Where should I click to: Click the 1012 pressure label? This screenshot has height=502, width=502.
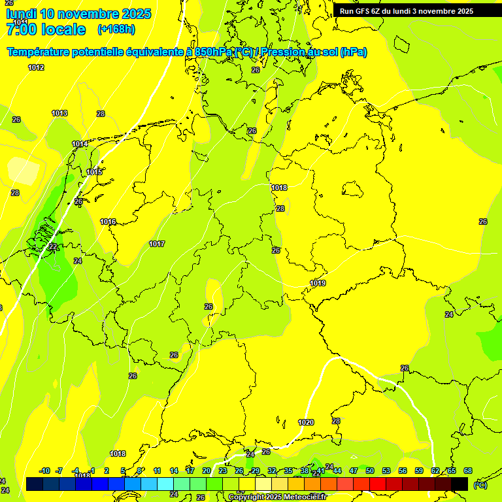click(36, 67)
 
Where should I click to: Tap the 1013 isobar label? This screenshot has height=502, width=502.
click(59, 113)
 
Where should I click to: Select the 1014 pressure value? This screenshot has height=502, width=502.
click(80, 144)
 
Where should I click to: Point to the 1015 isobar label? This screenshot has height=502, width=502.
click(94, 172)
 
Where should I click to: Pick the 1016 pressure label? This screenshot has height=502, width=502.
click(108, 222)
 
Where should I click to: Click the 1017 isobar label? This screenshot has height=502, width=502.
click(157, 244)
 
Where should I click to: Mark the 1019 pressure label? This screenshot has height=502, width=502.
click(318, 283)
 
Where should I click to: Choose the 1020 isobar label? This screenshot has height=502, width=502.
click(306, 422)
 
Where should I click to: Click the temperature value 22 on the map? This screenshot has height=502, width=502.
click(52, 246)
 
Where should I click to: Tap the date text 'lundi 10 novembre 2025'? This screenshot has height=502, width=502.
click(78, 14)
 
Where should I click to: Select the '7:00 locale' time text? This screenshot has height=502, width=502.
click(46, 29)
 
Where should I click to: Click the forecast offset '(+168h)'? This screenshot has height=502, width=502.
click(116, 29)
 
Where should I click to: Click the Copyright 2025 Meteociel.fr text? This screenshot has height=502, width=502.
click(277, 497)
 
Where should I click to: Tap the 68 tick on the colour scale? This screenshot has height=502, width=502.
click(468, 471)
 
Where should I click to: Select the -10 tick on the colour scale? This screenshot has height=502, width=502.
click(45, 471)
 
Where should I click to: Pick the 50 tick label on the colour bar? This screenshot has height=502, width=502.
click(370, 471)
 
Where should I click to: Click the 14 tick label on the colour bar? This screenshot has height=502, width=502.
click(174, 471)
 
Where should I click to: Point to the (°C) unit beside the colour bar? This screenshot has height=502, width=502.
click(480, 485)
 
